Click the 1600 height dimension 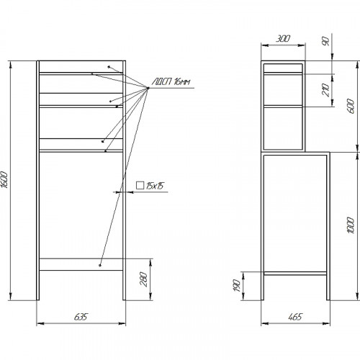pyautogui.click(x=4, y=179)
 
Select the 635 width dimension pyautogui.click(x=81, y=317)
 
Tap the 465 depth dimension pyautogui.click(x=295, y=317)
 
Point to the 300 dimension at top pyautogui.click(x=283, y=39)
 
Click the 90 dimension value pyautogui.click(x=325, y=41)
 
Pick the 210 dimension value pyautogui.click(x=325, y=90)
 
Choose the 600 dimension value pyautogui.click(x=351, y=106)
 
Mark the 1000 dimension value pyautogui.click(x=351, y=225)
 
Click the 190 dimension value pyautogui.click(x=237, y=285)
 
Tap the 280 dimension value pyautogui.click(x=143, y=279)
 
